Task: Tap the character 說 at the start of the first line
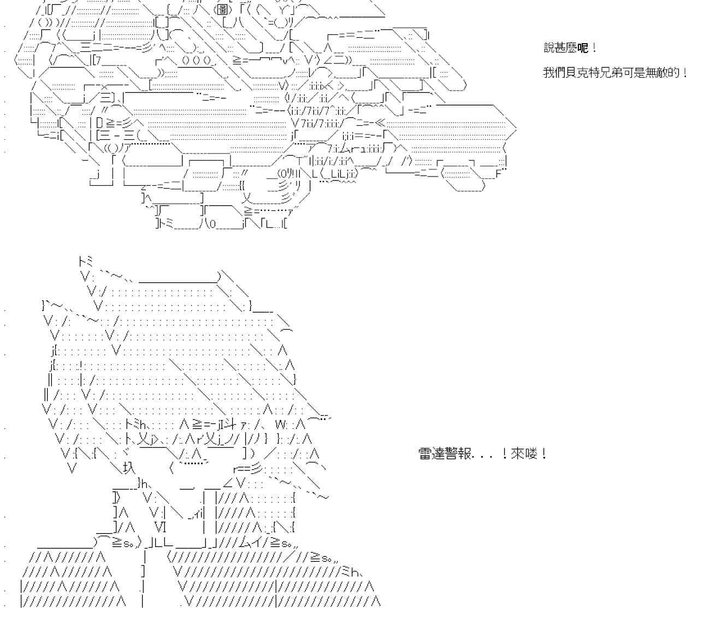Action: pyautogui.click(x=549, y=48)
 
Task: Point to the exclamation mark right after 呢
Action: pyautogui.click(x=594, y=48)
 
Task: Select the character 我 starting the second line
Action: pyautogui.click(x=549, y=72)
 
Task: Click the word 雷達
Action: pyautogui.click(x=431, y=454)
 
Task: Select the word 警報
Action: pyautogui.click(x=459, y=454)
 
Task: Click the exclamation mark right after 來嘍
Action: pyautogui.click(x=543, y=454)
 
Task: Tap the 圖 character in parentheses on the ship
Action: pyautogui.click(x=221, y=10)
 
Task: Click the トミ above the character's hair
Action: pyautogui.click(x=86, y=261)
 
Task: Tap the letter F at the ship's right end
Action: pyautogui.click(x=499, y=174)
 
